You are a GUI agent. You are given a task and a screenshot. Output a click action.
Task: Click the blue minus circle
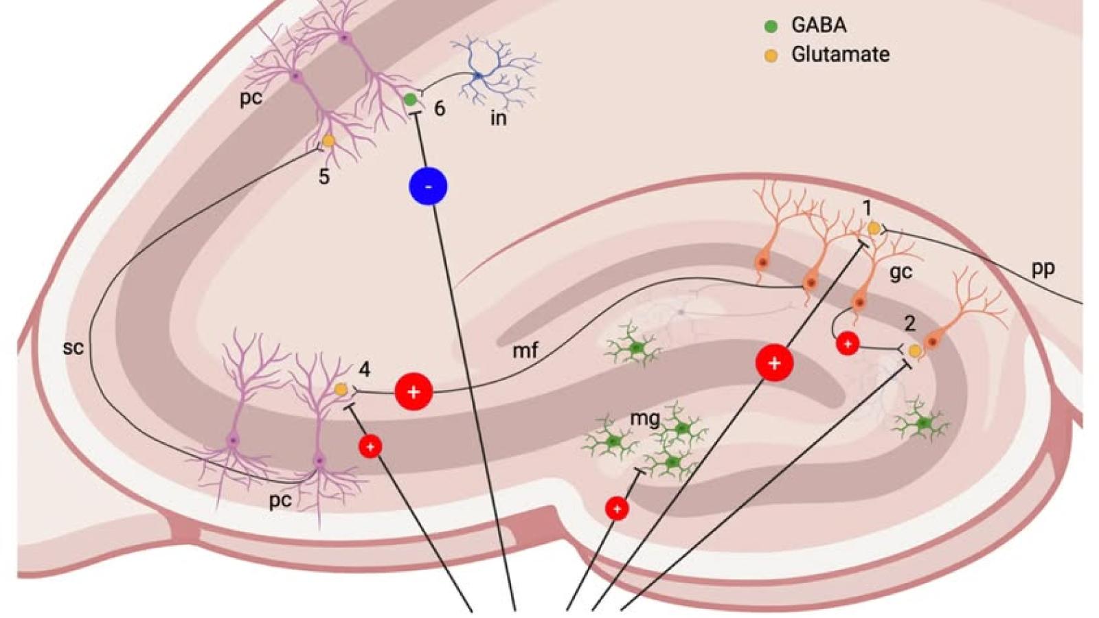[428, 186]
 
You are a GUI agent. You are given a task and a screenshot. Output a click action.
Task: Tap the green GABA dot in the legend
[771, 26]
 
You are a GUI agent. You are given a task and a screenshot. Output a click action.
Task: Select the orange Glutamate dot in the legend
[771, 56]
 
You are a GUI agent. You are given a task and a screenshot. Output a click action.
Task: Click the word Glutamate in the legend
[840, 54]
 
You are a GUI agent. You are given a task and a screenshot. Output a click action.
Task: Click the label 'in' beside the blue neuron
[498, 118]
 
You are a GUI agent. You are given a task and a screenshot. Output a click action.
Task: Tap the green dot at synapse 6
[410, 100]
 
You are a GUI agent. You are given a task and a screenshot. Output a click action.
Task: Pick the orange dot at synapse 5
[328, 141]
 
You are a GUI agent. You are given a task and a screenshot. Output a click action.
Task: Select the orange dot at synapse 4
[341, 389]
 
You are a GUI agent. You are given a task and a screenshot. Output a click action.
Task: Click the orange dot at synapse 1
[874, 228]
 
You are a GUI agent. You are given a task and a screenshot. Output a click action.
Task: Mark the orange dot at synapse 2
[914, 351]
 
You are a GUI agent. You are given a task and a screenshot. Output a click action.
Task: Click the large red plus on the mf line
[413, 391]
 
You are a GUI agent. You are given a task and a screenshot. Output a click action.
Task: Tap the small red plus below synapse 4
[370, 447]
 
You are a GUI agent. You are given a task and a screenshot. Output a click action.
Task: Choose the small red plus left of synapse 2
[848, 343]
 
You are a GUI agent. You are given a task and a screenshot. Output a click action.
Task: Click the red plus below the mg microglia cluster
[617, 509]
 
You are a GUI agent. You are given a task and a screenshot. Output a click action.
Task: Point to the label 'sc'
[73, 347]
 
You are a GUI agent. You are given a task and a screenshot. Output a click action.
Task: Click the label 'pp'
[1043, 268]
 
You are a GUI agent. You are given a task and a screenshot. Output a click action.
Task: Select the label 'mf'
[525, 351]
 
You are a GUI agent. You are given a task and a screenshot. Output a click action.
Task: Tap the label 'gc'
[900, 273]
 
